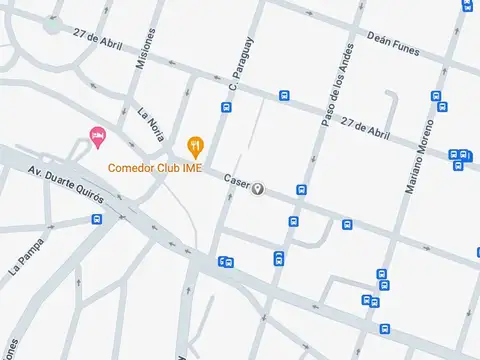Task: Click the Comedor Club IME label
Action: [154, 168]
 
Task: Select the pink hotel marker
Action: [98, 136]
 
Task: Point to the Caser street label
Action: [236, 182]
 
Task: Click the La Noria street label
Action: [150, 125]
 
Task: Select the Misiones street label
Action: [147, 46]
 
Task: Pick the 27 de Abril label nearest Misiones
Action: [98, 37]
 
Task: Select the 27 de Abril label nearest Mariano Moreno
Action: [364, 126]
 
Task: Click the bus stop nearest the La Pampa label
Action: [96, 218]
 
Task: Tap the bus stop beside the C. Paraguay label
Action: [226, 107]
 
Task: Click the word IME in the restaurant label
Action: [192, 168]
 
